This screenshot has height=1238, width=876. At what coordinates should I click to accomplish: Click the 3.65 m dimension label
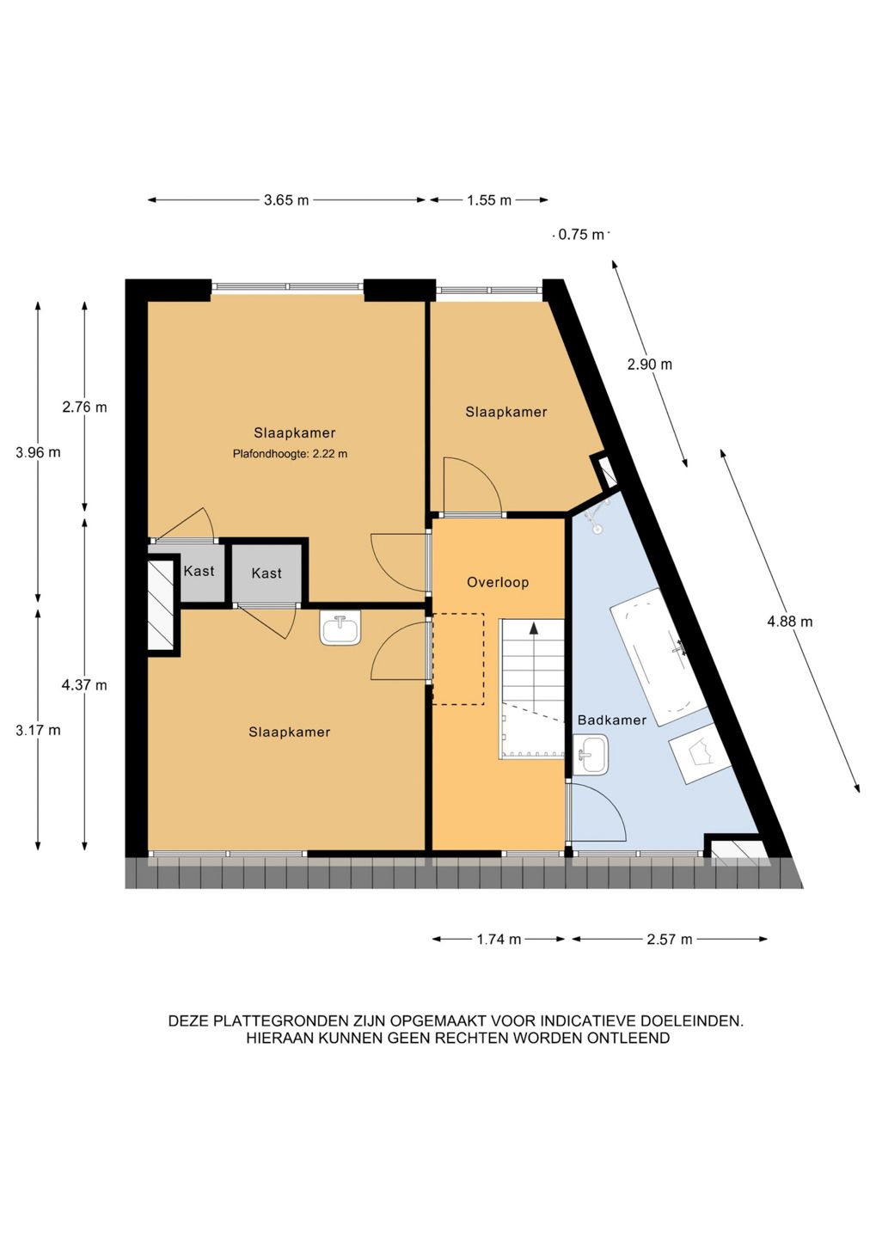[285, 200]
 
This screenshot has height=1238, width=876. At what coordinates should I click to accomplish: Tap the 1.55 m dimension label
[489, 200]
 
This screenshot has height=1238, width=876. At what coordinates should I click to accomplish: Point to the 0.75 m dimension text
[581, 235]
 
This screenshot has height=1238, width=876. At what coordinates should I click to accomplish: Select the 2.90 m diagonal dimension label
[649, 365]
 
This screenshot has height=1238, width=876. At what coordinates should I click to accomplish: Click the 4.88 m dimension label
[790, 622]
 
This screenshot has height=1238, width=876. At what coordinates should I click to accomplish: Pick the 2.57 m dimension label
[670, 939]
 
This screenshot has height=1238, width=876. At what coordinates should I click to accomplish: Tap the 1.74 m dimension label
[499, 939]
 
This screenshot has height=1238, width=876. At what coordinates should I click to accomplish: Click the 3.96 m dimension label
[38, 452]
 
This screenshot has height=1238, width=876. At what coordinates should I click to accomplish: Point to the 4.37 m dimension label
[84, 685]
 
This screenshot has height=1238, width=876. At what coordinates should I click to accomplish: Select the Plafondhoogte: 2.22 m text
[291, 454]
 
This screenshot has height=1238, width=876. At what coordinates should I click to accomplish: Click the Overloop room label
[498, 582]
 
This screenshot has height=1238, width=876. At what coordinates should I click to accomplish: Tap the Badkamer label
[612, 720]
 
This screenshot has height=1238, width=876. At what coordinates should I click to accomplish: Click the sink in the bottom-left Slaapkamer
[340, 628]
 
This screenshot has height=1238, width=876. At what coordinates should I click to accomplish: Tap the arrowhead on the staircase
[533, 628]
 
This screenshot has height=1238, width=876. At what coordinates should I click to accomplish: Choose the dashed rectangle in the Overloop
[457, 659]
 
